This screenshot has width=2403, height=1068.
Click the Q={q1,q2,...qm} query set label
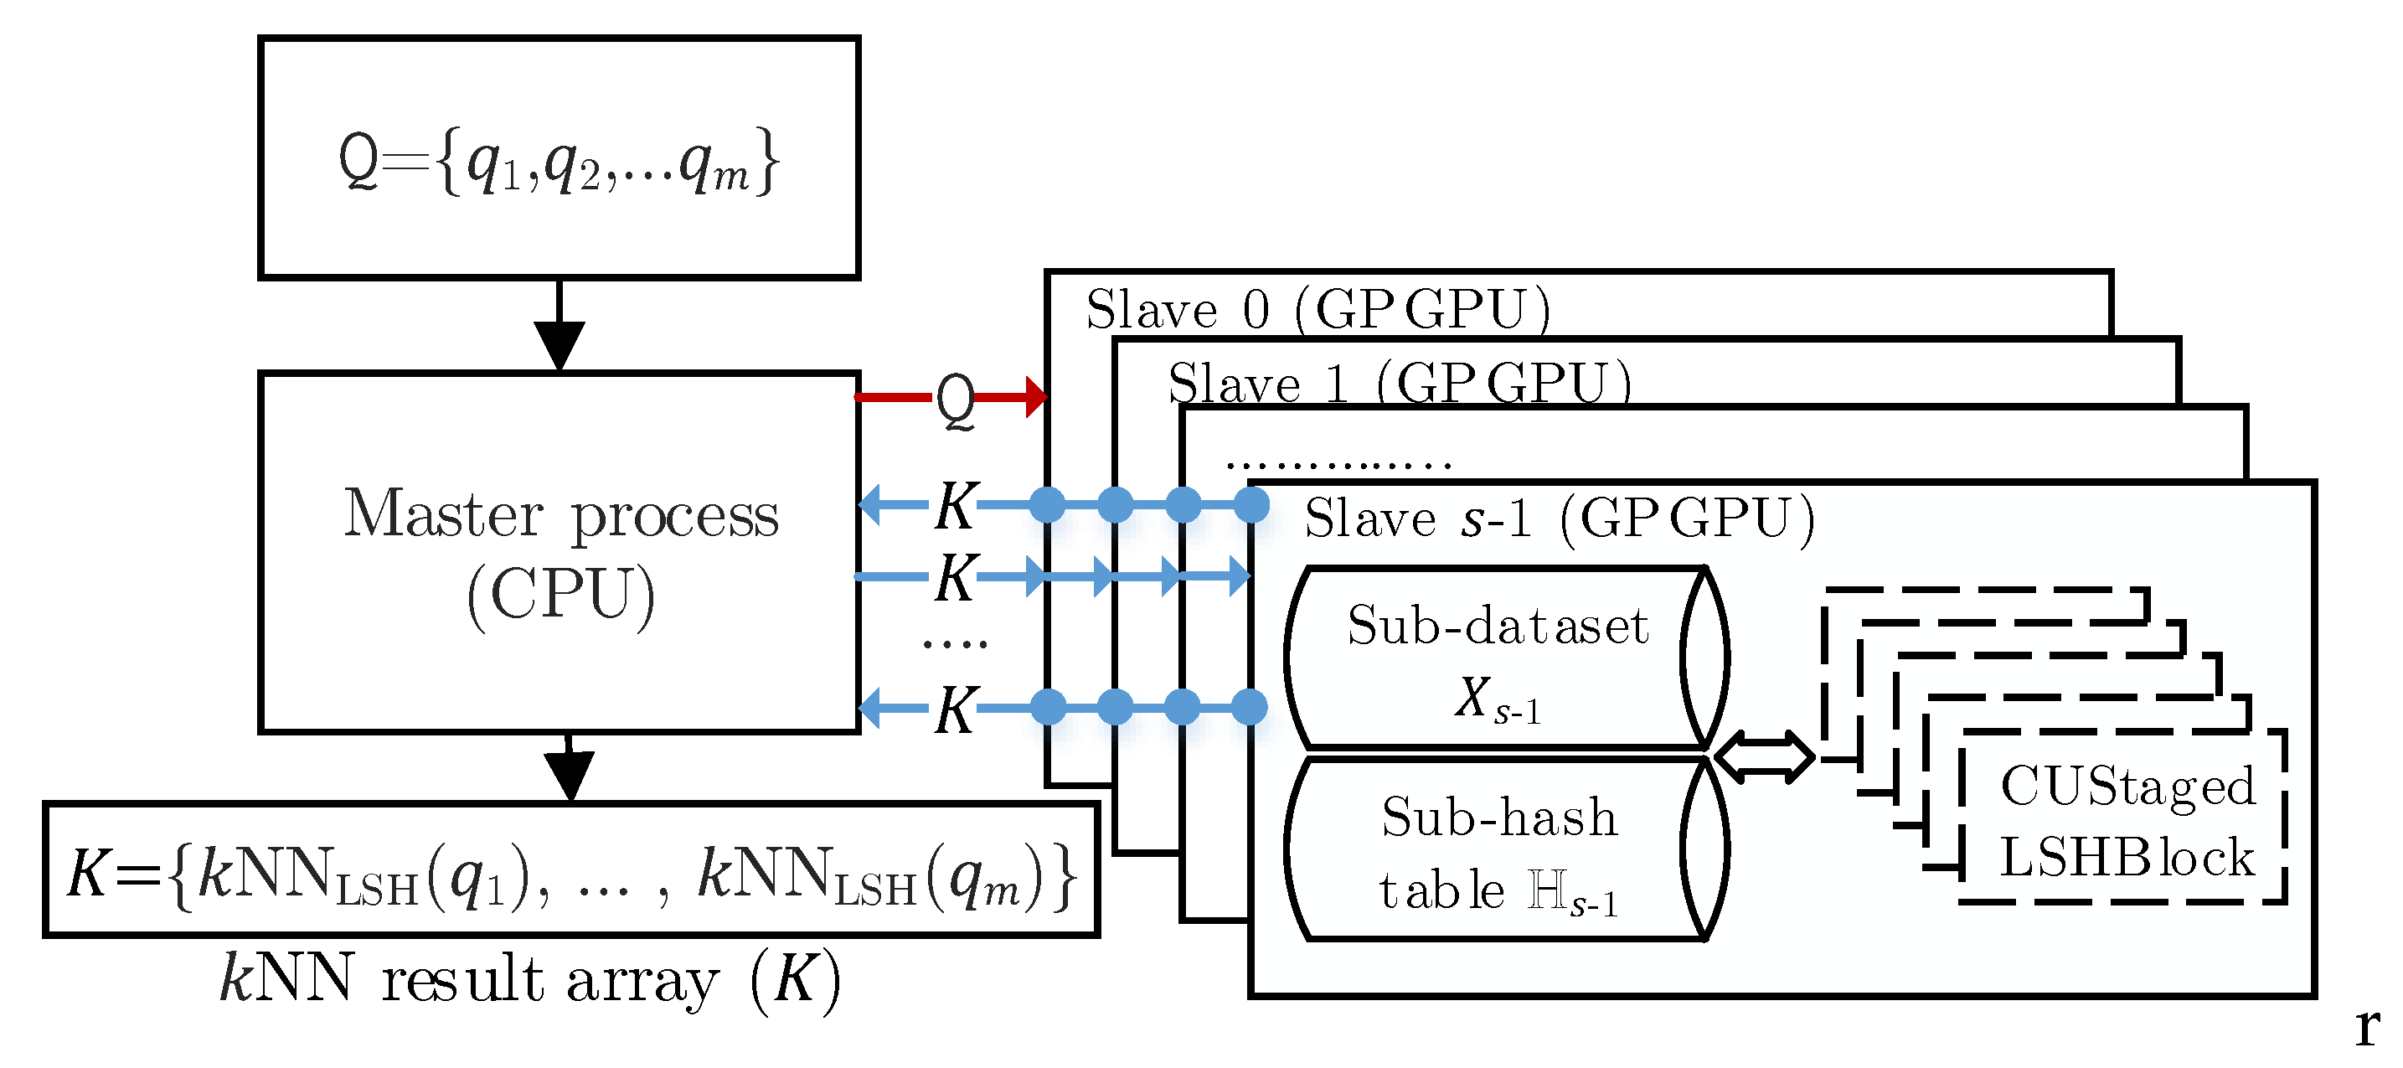click(558, 161)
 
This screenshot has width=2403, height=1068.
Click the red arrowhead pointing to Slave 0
click(1034, 397)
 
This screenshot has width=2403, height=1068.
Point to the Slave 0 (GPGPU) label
click(1318, 309)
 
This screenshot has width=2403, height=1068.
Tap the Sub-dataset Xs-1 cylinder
click(1498, 658)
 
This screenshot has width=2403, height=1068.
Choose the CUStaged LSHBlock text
click(2126, 821)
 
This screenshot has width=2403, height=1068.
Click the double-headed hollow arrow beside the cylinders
click(1764, 756)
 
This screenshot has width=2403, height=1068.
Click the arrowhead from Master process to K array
click(569, 775)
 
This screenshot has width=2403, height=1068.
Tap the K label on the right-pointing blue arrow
click(955, 577)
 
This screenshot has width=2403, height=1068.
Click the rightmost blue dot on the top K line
click(1251, 504)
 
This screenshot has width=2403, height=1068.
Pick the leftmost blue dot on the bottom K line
click(1048, 707)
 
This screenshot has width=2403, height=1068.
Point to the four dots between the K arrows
click(954, 642)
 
